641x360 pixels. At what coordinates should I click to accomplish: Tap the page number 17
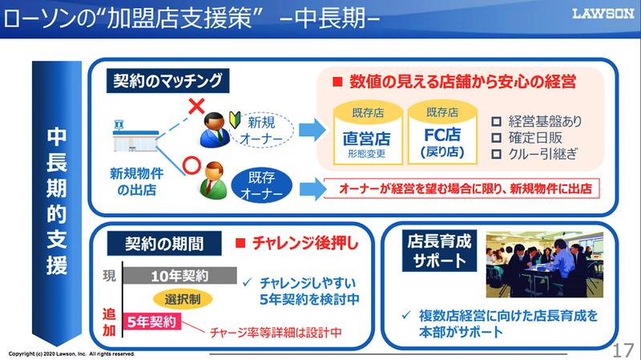click(623, 347)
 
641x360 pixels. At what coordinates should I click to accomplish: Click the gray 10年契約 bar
click(179, 276)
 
